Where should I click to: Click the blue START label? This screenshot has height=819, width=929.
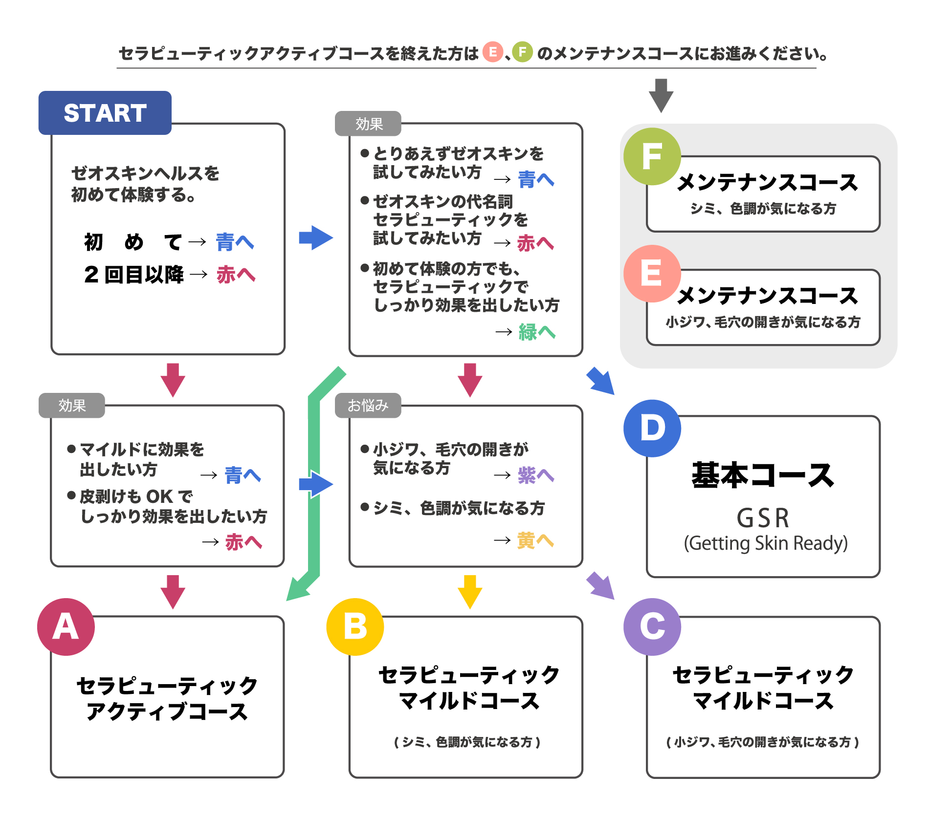105,113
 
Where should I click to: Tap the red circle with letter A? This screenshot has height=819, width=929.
66,626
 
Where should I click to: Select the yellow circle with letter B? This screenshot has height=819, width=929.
355,626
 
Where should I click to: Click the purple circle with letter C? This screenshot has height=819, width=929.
652,626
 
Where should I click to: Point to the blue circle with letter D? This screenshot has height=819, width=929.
652,428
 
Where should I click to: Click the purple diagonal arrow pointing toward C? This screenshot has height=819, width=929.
601,585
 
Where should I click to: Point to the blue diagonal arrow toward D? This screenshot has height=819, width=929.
601,381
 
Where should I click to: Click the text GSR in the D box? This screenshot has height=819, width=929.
763,518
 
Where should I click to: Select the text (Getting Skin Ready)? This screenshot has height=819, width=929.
766,543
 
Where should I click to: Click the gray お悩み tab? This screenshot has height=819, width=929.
368,406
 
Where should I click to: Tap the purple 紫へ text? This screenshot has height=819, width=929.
536,475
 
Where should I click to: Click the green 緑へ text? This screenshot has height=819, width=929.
537,332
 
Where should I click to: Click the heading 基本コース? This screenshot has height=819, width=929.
763,475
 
